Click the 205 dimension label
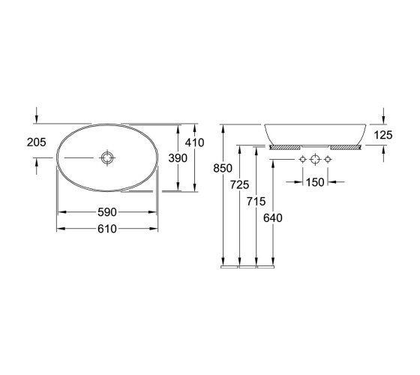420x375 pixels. coord(37,142)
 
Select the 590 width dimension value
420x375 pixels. coord(107,212)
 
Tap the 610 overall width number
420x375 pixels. coord(107,229)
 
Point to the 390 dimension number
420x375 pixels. coord(178,158)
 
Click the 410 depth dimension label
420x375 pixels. coord(194,142)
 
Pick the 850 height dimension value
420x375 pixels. coord(223,169)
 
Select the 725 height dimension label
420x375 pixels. coord(239,184)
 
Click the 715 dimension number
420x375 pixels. coord(256,202)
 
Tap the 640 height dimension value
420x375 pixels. coord(273,218)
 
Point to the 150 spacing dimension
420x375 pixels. coord(315,182)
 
